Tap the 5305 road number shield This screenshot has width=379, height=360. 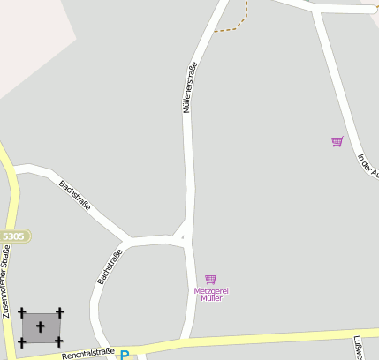coord(14,236)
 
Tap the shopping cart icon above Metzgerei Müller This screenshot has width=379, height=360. coord(210,279)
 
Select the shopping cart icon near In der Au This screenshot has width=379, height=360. coord(337,141)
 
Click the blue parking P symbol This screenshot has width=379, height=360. coord(125,356)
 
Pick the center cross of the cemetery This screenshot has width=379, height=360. coord(41,327)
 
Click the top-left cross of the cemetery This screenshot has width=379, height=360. coord(22,312)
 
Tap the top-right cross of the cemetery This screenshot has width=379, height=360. coord(59,312)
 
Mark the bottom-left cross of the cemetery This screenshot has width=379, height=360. coord(22,342)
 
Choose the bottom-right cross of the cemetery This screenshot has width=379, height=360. coord(59,341)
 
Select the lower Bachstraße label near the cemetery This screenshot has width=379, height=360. coord(109,267)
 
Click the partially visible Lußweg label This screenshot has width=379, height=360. coord(358,349)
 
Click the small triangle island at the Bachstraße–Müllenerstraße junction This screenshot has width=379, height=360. coord(178,236)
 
